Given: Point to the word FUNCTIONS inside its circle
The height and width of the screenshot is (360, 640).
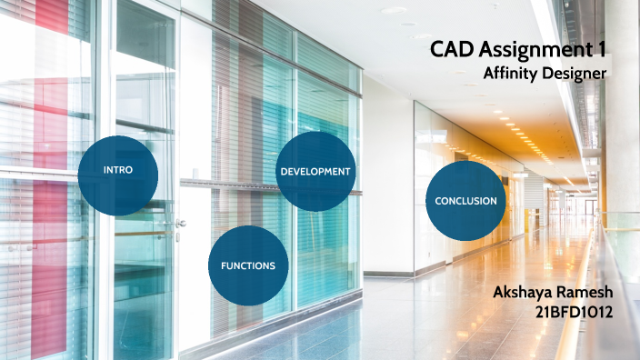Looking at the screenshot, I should [247, 265].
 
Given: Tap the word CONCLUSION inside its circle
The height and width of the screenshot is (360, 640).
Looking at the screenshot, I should [465, 201].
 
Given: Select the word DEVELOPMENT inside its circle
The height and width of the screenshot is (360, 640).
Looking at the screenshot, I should [315, 171].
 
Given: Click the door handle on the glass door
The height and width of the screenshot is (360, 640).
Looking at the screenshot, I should [180, 221].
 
